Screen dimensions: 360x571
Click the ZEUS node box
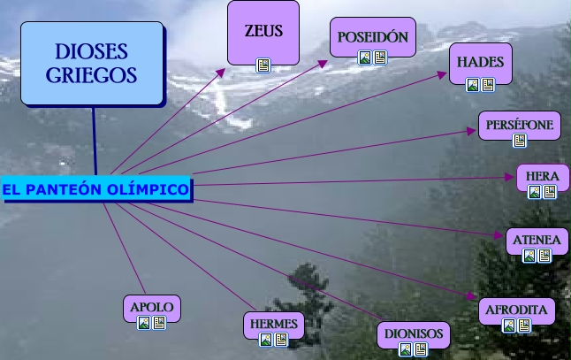pyautogui.click(x=263, y=31)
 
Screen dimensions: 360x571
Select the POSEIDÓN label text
pyautogui.click(x=373, y=38)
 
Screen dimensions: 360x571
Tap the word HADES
pyautogui.click(x=480, y=63)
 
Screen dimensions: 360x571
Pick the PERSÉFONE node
pyautogui.click(x=519, y=126)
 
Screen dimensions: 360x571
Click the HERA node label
pyautogui.click(x=542, y=176)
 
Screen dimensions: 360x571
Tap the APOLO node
pyautogui.click(x=151, y=308)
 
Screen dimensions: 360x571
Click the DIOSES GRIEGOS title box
pyautogui.click(x=92, y=63)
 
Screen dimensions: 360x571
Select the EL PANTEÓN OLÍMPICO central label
pyautogui.click(x=95, y=189)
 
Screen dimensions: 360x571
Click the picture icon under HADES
pyautogui.click(x=473, y=85)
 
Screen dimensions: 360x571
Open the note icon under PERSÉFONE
pyautogui.click(x=520, y=140)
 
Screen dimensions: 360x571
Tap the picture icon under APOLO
pyautogui.click(x=144, y=324)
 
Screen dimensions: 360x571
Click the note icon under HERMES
pyautogui.click(x=282, y=339)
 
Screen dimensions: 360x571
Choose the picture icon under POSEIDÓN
pyautogui.click(x=365, y=57)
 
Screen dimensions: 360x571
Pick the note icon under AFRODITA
pyautogui.click(x=524, y=326)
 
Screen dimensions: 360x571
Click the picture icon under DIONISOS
pyautogui.click(x=405, y=349)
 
